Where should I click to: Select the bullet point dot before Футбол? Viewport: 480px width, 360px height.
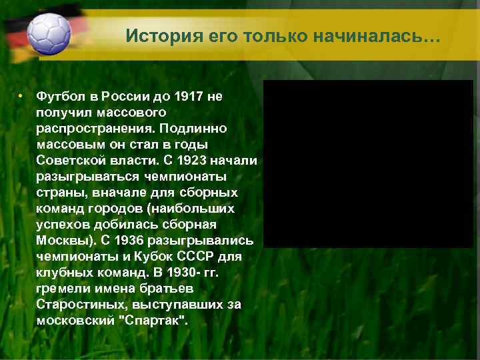pyautogui.click(x=21, y=97)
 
